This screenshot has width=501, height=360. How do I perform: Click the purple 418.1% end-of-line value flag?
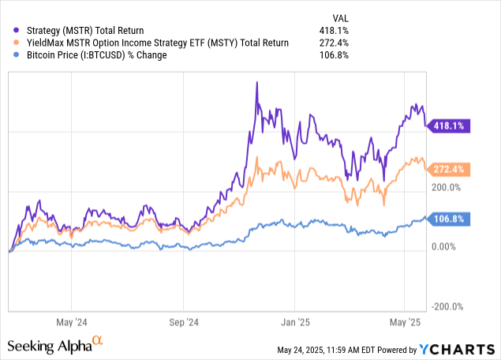pos(451,126)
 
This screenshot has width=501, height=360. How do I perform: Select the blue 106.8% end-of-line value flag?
pos(451,219)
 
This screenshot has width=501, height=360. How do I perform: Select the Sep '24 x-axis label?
pos(183,321)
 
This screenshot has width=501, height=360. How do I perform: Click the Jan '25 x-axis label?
pos(294,321)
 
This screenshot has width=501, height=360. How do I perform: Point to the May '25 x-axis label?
pos(404,321)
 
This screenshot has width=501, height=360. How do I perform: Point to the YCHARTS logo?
pos(458,348)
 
